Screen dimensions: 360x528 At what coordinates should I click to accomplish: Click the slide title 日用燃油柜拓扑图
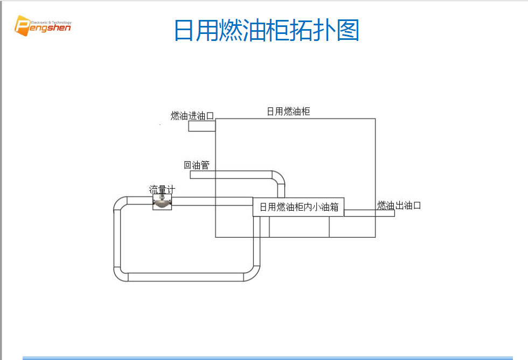tap(266, 30)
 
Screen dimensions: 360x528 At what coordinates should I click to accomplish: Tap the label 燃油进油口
tap(192, 115)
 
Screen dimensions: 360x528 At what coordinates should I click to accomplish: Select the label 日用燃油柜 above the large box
tap(288, 111)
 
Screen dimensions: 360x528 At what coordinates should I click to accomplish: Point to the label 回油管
tap(196, 165)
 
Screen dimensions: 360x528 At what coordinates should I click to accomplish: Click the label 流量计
tap(162, 189)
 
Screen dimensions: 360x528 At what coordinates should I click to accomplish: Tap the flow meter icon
tap(162, 202)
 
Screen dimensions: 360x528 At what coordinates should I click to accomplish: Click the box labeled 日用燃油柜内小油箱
tap(298, 207)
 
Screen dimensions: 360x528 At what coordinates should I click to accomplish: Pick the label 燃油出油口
tap(399, 205)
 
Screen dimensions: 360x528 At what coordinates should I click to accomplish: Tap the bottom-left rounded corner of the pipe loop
tap(121, 274)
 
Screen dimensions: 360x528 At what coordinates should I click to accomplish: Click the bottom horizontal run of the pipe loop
tap(186, 277)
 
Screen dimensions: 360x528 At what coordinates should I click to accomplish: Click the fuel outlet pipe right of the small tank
tap(369, 213)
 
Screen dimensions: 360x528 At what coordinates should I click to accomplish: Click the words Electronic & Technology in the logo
tap(51, 23)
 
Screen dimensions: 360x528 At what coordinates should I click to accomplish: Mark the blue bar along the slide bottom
tap(267, 357)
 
